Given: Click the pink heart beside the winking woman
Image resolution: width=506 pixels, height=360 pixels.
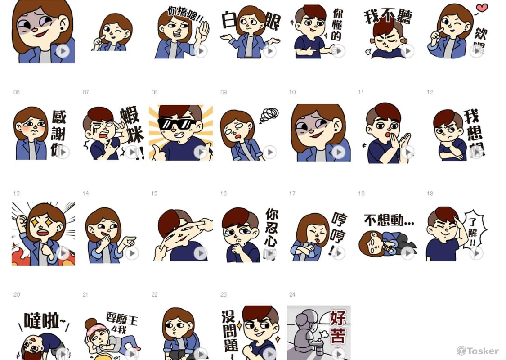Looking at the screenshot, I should coord(482,8).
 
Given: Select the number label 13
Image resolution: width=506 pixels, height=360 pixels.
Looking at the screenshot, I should coord(17,193).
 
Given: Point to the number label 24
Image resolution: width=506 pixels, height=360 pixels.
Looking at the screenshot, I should coord(292,294).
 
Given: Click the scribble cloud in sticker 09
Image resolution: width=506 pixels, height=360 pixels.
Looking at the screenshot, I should coord(269,116).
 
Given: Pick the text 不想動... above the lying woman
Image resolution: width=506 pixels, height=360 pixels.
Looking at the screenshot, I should coord(389,221).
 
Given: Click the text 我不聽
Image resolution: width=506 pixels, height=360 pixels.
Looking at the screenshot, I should coord(388,17).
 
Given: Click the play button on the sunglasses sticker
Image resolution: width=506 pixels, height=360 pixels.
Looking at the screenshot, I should coord(201,152).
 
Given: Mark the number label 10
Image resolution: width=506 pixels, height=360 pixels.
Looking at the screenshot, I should coord(292,92).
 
